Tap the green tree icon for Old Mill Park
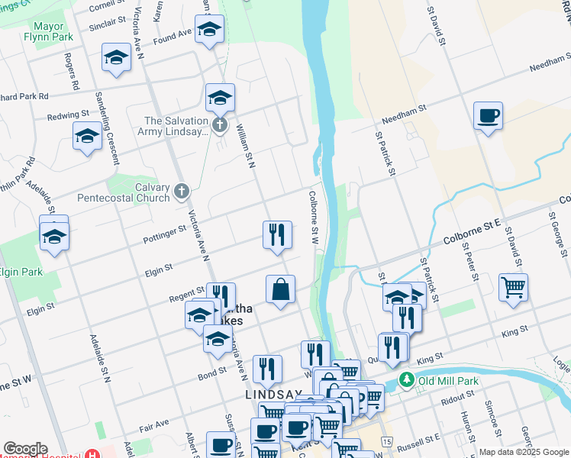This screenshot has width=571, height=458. click(407, 379)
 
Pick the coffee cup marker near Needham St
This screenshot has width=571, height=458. click(488, 117)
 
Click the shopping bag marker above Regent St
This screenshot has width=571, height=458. click(280, 290)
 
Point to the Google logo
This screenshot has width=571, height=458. click(24, 449)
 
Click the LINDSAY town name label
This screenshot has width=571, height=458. click(273, 395)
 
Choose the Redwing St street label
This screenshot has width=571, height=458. click(69, 114)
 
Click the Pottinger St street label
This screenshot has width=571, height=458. click(164, 234)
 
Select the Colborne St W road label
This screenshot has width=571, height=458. click(313, 218)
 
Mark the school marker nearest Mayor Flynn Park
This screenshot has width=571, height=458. click(116, 58)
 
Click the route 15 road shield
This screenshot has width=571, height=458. click(388, 442)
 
